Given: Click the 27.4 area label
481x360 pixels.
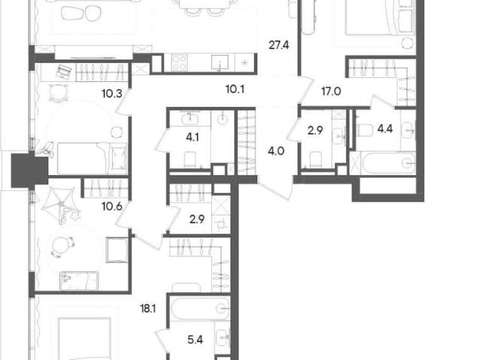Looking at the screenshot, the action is pyautogui.click(x=279, y=45).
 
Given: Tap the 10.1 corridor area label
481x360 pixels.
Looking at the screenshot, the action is pyautogui.click(x=235, y=89).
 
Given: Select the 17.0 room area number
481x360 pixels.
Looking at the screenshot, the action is pyautogui.click(x=331, y=92).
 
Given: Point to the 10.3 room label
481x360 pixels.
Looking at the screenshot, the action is pyautogui.click(x=112, y=93).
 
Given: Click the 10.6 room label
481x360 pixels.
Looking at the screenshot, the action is pyautogui.click(x=112, y=207).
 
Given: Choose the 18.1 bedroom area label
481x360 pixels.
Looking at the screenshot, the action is pyautogui.click(x=148, y=308).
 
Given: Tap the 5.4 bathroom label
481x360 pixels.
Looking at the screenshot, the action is pyautogui.click(x=195, y=340).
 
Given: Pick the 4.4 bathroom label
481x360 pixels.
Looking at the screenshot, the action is pyautogui.click(x=385, y=129).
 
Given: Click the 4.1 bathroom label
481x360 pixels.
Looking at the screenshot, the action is pyautogui.click(x=192, y=137).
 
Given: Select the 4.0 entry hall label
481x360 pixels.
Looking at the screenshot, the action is pyautogui.click(x=276, y=151).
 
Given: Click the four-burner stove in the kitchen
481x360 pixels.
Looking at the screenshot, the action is pyautogui.click(x=180, y=62).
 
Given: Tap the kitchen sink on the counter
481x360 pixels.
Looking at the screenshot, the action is pyautogui.click(x=219, y=62).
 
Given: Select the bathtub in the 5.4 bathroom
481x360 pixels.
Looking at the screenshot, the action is pyautogui.click(x=201, y=309).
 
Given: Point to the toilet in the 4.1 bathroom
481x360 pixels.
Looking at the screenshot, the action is pyautogui.click(x=190, y=160).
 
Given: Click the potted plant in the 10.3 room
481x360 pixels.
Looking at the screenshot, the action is pyautogui.click(x=47, y=149).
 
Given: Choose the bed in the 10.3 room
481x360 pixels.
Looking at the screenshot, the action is pyautogui.click(x=92, y=159).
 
